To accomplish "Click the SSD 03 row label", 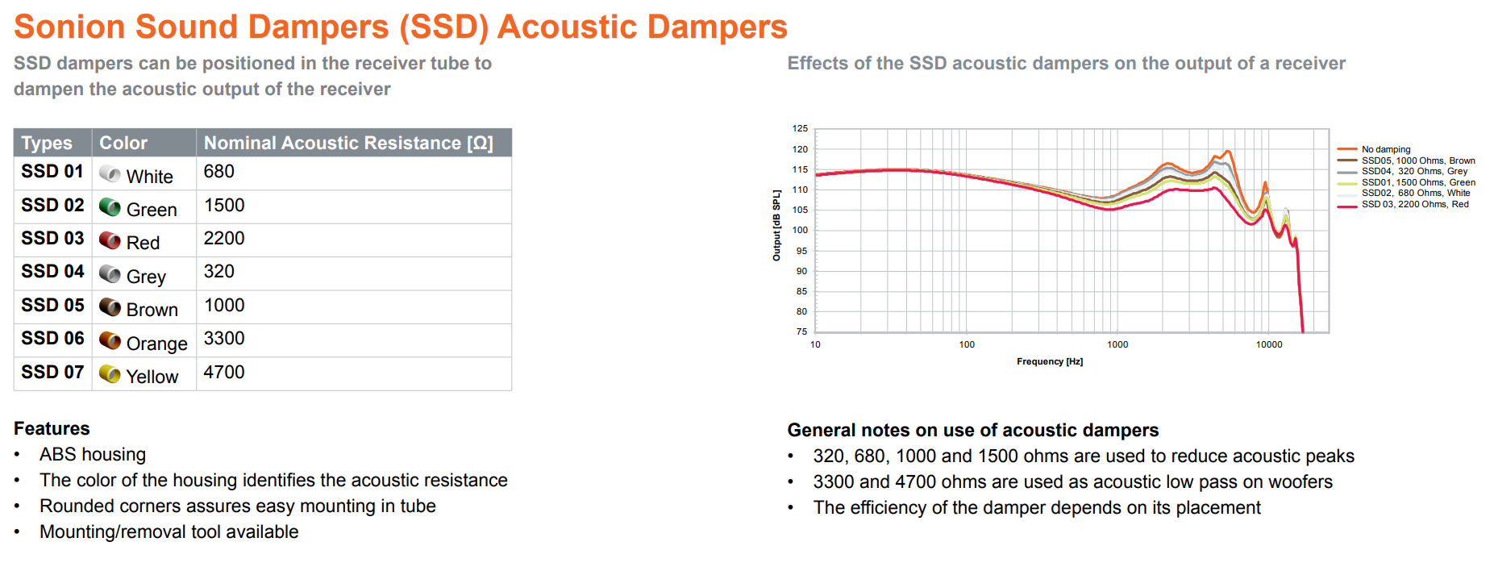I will [52, 239].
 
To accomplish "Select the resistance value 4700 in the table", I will [224, 373].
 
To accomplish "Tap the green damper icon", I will [110, 207].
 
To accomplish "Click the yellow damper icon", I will [110, 374].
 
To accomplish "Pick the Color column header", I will [123, 143].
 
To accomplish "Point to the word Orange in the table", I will [156, 344].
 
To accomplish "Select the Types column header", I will [47, 143].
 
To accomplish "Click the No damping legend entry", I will [1385, 149].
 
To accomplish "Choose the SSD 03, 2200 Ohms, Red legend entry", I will [1414, 204].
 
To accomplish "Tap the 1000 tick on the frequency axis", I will [1117, 344].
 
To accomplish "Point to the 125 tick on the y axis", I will [800, 128].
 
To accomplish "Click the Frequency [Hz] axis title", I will [1050, 361].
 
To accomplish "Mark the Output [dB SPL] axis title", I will [776, 226].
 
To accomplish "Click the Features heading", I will [52, 428].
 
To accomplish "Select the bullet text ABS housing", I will [93, 455].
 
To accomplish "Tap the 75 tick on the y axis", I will [801, 331].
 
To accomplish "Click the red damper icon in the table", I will [110, 240].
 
